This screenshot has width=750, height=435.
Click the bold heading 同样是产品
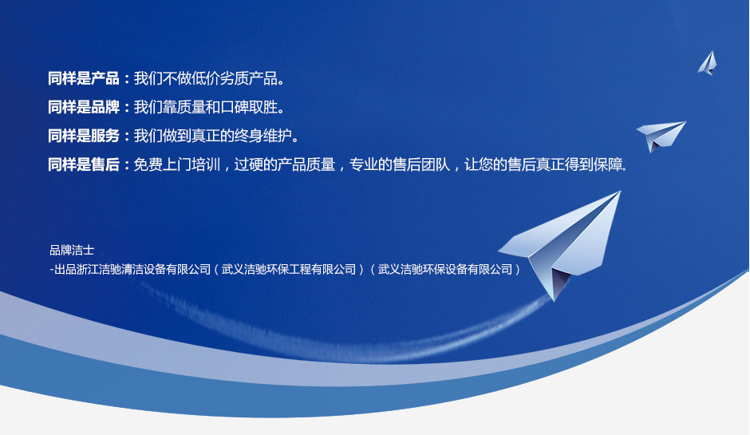click(84, 78)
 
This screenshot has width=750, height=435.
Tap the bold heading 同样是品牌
click(84, 107)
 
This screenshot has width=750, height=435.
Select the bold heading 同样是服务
click(84, 136)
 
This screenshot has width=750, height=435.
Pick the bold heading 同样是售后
click(84, 164)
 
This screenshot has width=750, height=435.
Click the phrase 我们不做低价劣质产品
click(206, 78)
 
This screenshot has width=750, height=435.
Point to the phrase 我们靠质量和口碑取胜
click(206, 107)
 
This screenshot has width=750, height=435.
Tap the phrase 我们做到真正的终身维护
click(213, 136)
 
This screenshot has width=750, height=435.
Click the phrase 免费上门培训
click(176, 164)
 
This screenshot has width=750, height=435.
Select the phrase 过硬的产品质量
click(285, 164)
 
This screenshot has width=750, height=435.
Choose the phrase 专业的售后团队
click(400, 164)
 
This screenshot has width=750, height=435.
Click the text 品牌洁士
click(72, 250)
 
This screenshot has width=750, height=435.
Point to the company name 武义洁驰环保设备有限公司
click(445, 270)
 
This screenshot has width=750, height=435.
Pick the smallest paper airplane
click(708, 63)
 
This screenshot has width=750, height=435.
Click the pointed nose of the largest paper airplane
click(621, 192)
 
